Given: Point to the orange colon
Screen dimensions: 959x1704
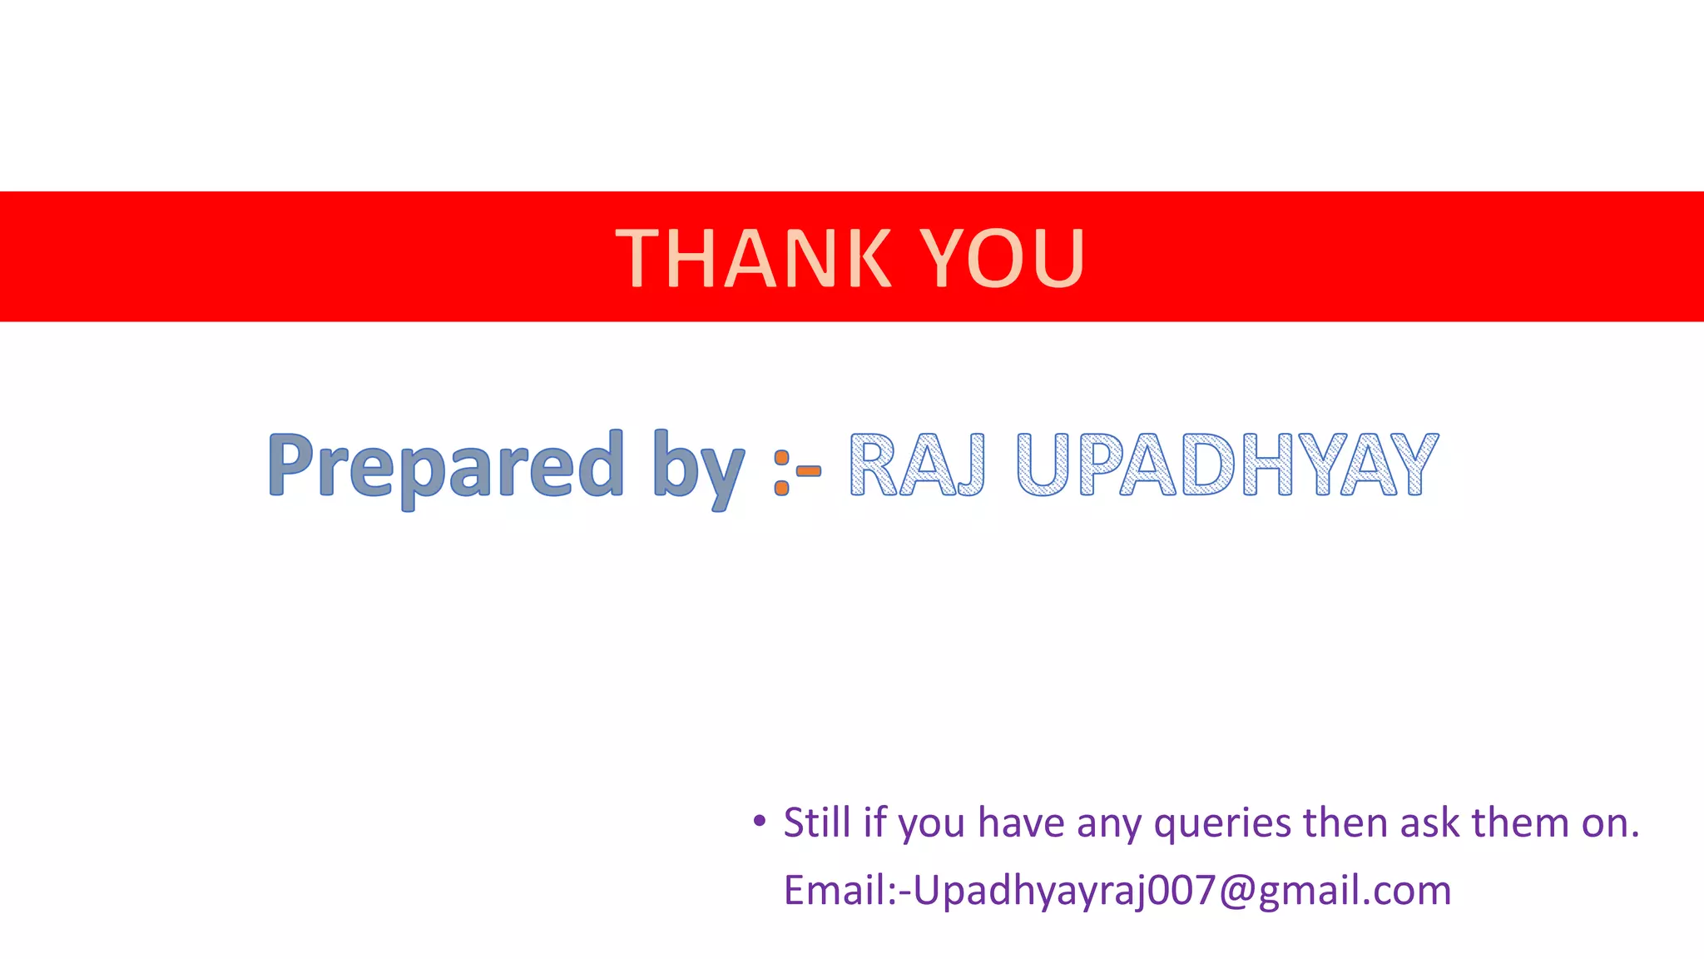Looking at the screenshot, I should [x=781, y=472].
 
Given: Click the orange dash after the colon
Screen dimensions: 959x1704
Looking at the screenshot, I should [x=809, y=471].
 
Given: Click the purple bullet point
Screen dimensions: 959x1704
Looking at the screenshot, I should [x=758, y=822].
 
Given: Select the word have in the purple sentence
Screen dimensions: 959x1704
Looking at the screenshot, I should [x=1021, y=822].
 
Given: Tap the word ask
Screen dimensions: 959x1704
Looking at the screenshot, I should [x=1429, y=822].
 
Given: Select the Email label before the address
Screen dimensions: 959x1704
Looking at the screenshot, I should [x=835, y=890].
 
